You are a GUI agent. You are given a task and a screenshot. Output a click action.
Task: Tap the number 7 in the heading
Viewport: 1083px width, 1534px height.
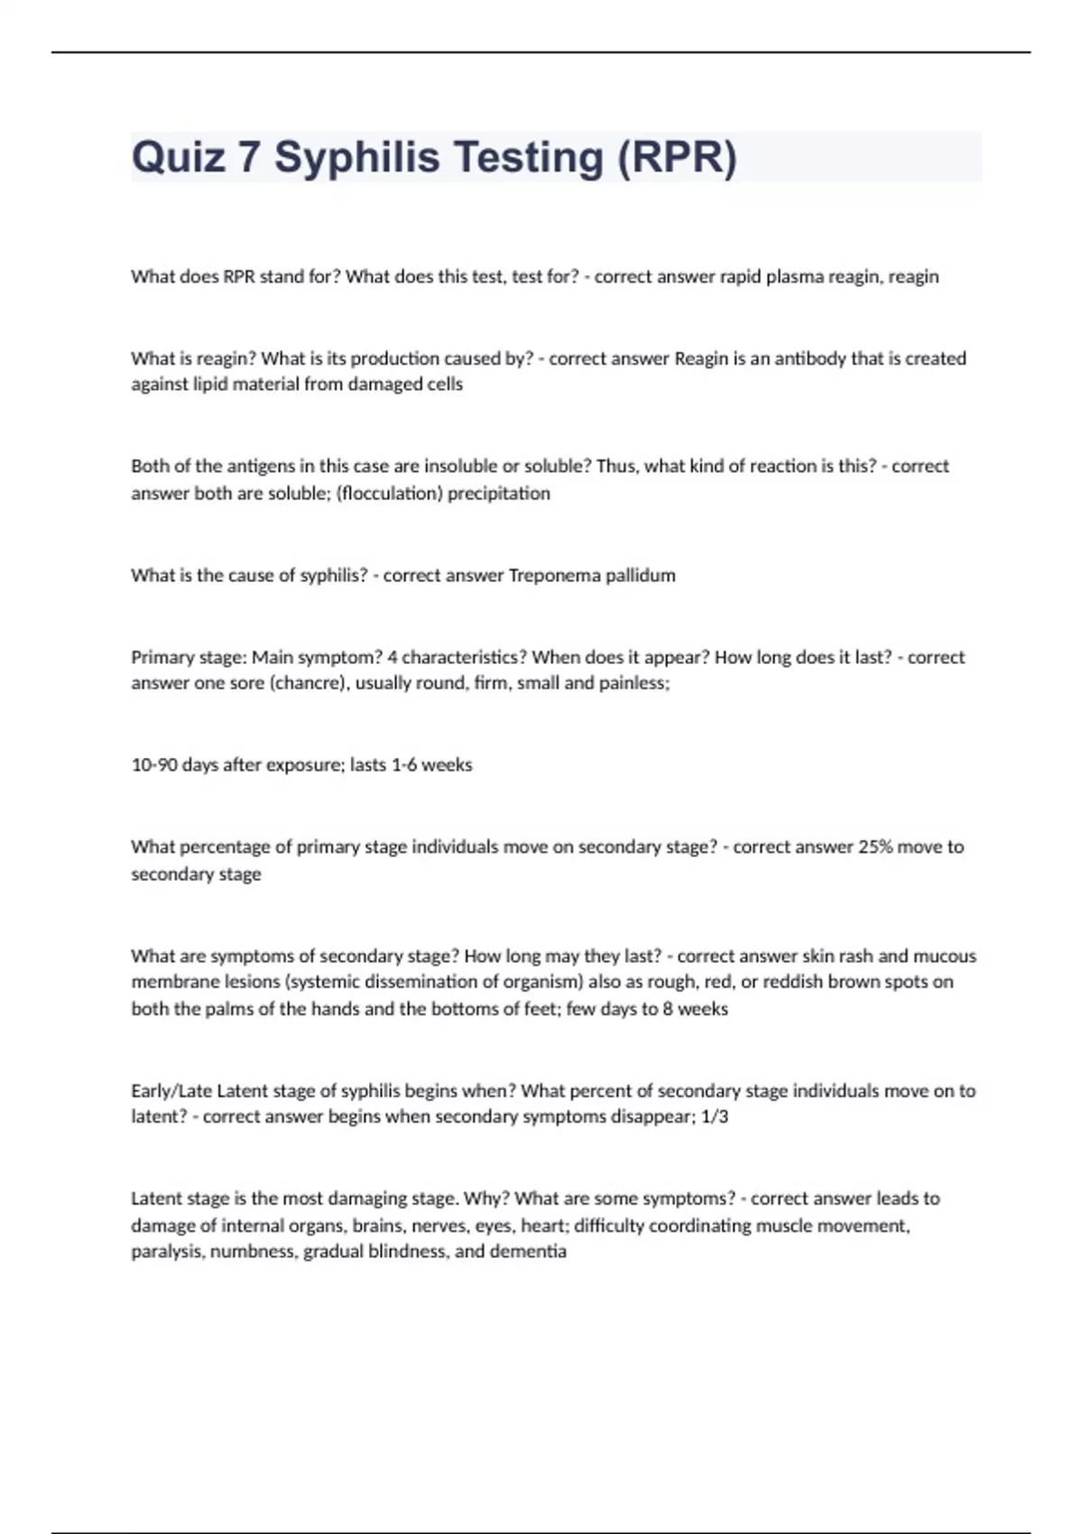(249, 158)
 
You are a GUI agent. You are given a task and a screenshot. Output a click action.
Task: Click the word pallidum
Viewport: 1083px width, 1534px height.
(640, 576)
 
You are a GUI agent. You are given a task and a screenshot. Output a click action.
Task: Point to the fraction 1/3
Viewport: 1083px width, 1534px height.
(714, 1117)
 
